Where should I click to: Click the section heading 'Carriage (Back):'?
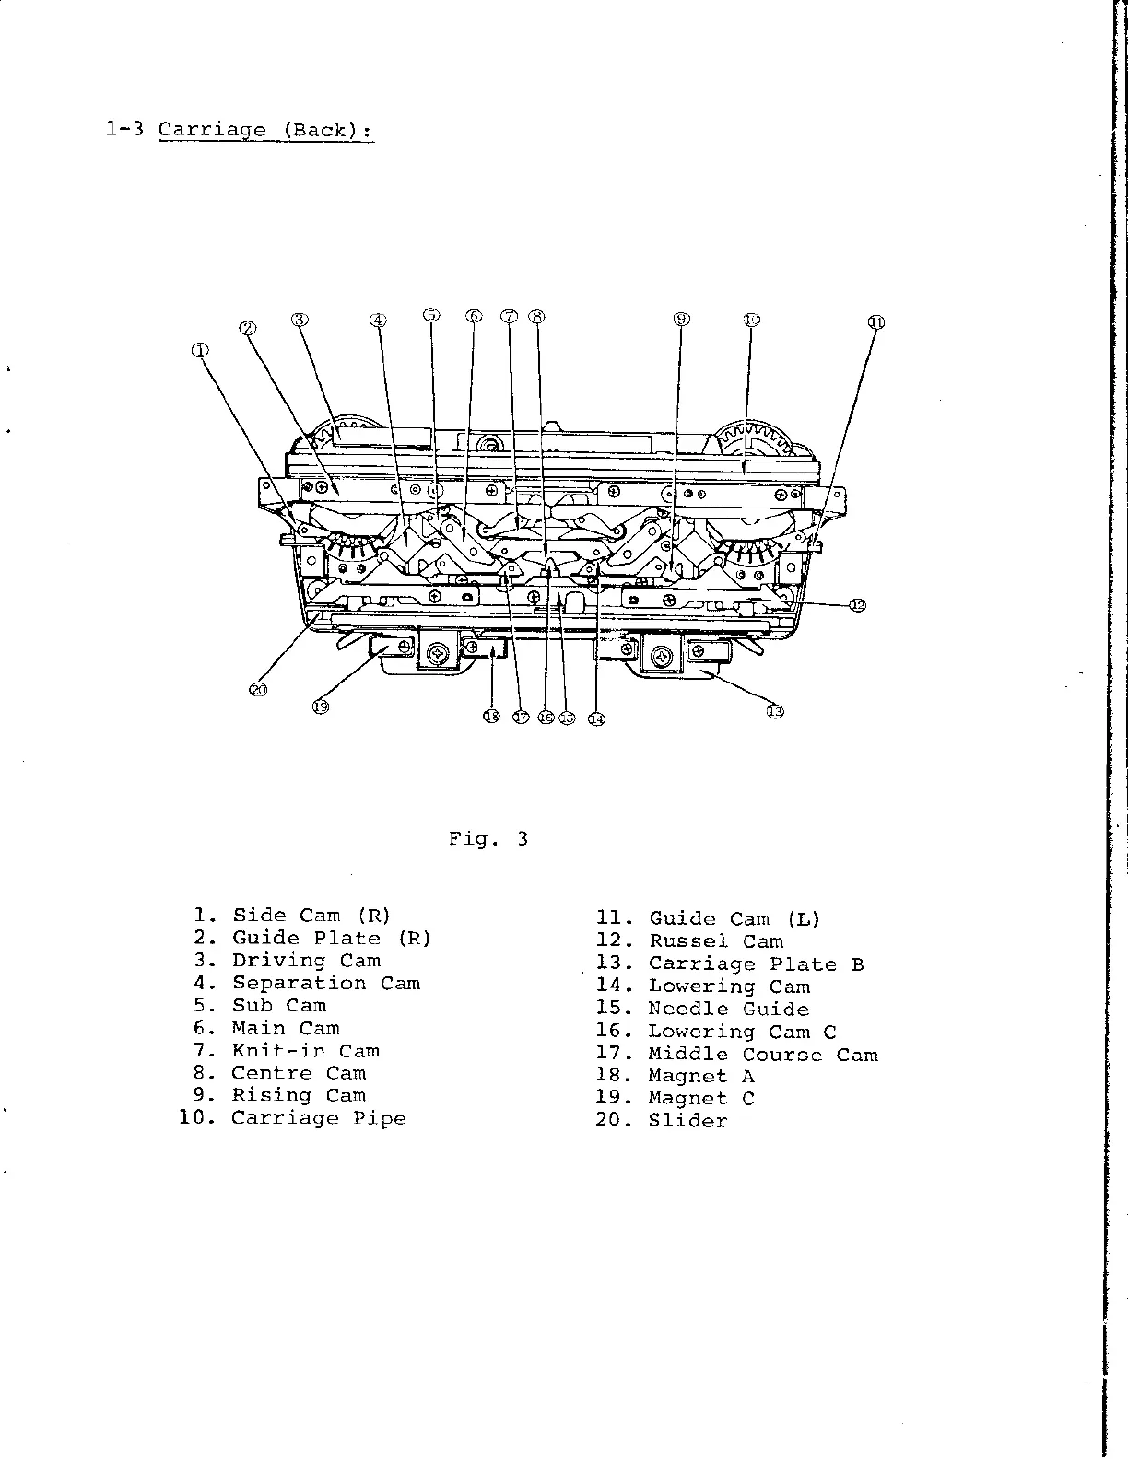pos(265,130)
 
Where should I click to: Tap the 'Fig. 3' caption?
pos(488,839)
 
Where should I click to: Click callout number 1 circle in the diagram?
pos(200,350)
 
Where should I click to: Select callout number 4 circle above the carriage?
pos(378,321)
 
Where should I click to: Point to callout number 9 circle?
pos(681,320)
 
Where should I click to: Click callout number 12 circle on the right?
pos(858,605)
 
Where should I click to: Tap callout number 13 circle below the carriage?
pos(776,711)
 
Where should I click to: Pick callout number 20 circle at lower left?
pos(259,689)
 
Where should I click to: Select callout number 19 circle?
pos(320,706)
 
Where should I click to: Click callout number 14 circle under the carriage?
pos(596,718)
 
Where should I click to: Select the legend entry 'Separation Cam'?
pos(325,984)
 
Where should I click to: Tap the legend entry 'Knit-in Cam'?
pos(305,1051)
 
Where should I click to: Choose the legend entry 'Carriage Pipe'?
pos(318,1118)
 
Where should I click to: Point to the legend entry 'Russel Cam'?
pos(716,941)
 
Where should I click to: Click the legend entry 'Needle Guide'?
pos(728,1010)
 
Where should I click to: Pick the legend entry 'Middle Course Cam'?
pos(763,1055)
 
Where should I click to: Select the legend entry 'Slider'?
pos(687,1121)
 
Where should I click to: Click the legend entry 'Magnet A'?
pos(701,1077)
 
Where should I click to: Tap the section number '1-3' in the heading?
pos(123,130)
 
